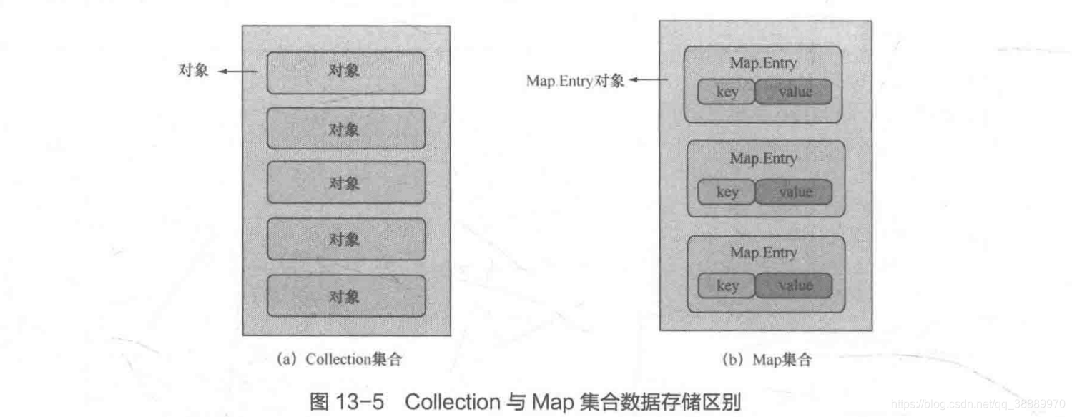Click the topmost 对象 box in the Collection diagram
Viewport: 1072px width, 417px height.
pyautogui.click(x=346, y=72)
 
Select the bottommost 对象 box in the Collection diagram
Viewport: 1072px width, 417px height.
pyautogui.click(x=346, y=295)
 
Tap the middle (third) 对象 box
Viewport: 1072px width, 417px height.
pyautogui.click(x=346, y=183)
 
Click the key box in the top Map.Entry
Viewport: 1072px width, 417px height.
pyautogui.click(x=726, y=92)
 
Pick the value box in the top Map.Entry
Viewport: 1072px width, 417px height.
pyautogui.click(x=794, y=92)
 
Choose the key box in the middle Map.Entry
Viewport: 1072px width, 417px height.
pyautogui.click(x=726, y=192)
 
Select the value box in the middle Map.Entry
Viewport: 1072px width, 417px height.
pyautogui.click(x=794, y=192)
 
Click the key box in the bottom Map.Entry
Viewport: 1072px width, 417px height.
pyautogui.click(x=726, y=285)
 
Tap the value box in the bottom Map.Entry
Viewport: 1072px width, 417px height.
pyautogui.click(x=794, y=285)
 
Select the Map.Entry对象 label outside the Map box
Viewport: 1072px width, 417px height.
pyautogui.click(x=575, y=81)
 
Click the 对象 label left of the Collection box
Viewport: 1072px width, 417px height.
pyautogui.click(x=193, y=72)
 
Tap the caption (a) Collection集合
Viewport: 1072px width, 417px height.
pyautogui.click(x=339, y=360)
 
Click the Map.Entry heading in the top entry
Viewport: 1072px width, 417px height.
pyautogui.click(x=763, y=63)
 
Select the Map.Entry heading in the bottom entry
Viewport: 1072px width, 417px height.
pyautogui.click(x=763, y=252)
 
